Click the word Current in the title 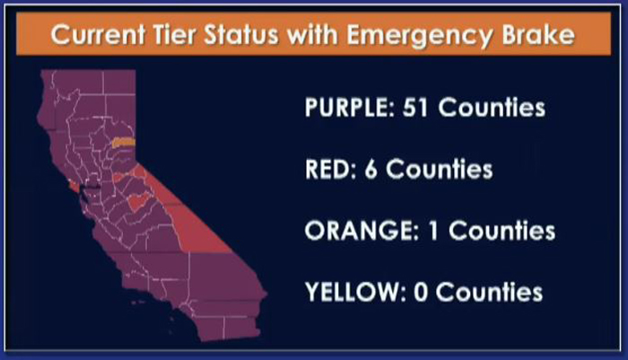(98, 34)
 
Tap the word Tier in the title (174, 34)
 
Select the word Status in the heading (240, 34)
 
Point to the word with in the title (312, 34)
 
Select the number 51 (415, 108)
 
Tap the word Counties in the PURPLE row (492, 108)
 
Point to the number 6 (371, 169)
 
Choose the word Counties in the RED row (439, 169)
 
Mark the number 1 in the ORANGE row (433, 231)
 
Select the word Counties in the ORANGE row (502, 231)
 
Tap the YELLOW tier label (355, 292)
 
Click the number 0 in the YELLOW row (421, 292)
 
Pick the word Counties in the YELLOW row (489, 292)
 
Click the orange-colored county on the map (124, 143)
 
